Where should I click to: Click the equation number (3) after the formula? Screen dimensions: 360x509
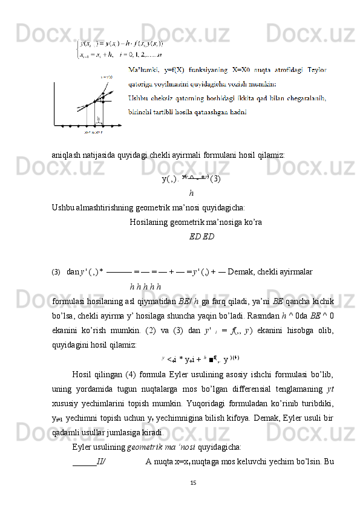[x=215, y=179]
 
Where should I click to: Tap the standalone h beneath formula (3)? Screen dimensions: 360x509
[x=191, y=194]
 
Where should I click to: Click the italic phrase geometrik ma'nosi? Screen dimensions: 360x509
[x=160, y=447]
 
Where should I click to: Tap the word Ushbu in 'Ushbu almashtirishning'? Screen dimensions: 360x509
[x=62, y=208]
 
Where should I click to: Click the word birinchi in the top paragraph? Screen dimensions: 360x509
[x=143, y=111]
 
